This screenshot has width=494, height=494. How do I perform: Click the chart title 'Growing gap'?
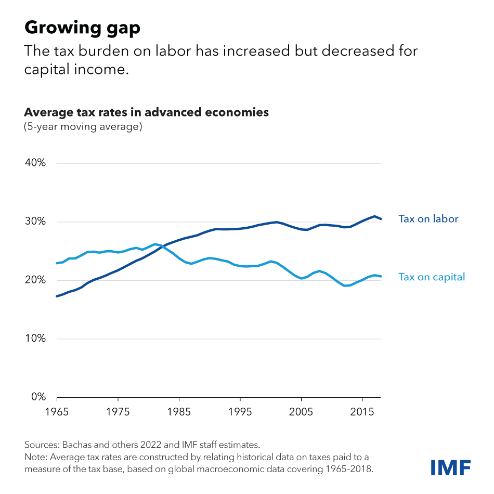pyautogui.click(x=82, y=28)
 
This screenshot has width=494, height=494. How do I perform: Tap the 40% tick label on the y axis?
pyautogui.click(x=36, y=163)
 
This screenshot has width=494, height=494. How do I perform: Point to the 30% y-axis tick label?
pyautogui.click(x=36, y=222)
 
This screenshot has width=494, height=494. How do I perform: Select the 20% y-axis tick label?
pyautogui.click(x=36, y=280)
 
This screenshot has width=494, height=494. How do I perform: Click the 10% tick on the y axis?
pyautogui.click(x=36, y=339)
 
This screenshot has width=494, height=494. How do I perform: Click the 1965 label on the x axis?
pyautogui.click(x=57, y=411)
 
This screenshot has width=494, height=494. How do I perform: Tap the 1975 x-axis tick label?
pyautogui.click(x=118, y=411)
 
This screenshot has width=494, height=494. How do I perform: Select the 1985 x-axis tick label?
pyautogui.click(x=179, y=411)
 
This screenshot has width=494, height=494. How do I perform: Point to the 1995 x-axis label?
pyautogui.click(x=240, y=411)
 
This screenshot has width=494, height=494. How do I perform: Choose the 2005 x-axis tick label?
pyautogui.click(x=302, y=411)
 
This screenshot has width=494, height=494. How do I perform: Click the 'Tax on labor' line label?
pyautogui.click(x=428, y=219)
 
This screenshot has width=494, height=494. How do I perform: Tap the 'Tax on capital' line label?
pyautogui.click(x=431, y=277)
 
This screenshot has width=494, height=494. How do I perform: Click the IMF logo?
pyautogui.click(x=450, y=466)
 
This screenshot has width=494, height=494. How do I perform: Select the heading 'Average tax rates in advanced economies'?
pyautogui.click(x=147, y=112)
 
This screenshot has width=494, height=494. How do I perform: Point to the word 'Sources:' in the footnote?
pyautogui.click(x=42, y=445)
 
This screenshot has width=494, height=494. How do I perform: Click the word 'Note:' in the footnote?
pyautogui.click(x=36, y=457)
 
